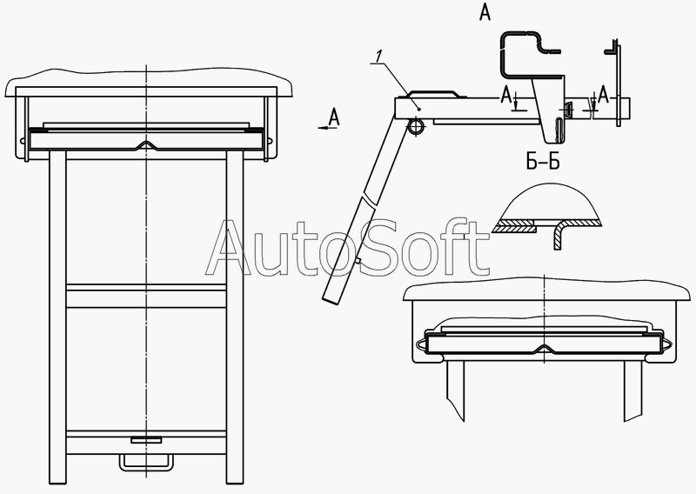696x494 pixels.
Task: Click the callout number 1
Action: pyautogui.click(x=378, y=57)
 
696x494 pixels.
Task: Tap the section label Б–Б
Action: pyautogui.click(x=543, y=163)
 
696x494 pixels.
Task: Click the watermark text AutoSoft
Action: pyautogui.click(x=347, y=247)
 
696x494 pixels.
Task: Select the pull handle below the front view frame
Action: pyautogui.click(x=145, y=462)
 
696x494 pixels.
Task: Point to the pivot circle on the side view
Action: pyautogui.click(x=416, y=126)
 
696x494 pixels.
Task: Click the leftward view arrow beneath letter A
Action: pyautogui.click(x=327, y=128)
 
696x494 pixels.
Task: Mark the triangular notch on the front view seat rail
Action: pyautogui.click(x=146, y=145)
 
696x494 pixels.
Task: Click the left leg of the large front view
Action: pyautogui.click(x=57, y=317)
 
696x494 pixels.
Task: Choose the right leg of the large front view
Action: pyautogui.click(x=235, y=317)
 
